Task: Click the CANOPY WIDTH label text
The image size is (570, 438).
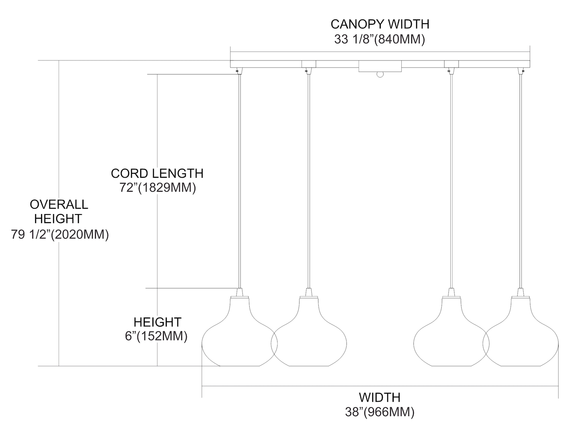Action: pyautogui.click(x=380, y=24)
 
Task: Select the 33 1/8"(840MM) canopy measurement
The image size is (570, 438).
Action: pyautogui.click(x=379, y=39)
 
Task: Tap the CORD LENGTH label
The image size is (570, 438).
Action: pyautogui.click(x=157, y=173)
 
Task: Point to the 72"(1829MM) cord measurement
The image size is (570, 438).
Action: pyautogui.click(x=157, y=188)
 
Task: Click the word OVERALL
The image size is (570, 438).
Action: pyautogui.click(x=59, y=204)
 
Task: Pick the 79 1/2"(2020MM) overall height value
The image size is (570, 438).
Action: pyautogui.click(x=60, y=235)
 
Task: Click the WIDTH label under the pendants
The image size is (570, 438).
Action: pyautogui.click(x=380, y=397)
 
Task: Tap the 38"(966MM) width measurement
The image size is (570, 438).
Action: pyautogui.click(x=380, y=412)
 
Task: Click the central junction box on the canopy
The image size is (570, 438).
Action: pyautogui.click(x=380, y=66)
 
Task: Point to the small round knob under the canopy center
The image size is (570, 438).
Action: pyautogui.click(x=380, y=75)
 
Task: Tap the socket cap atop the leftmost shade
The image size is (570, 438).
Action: pyautogui.click(x=239, y=293)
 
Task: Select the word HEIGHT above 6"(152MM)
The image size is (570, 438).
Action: pyautogui.click(x=157, y=322)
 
